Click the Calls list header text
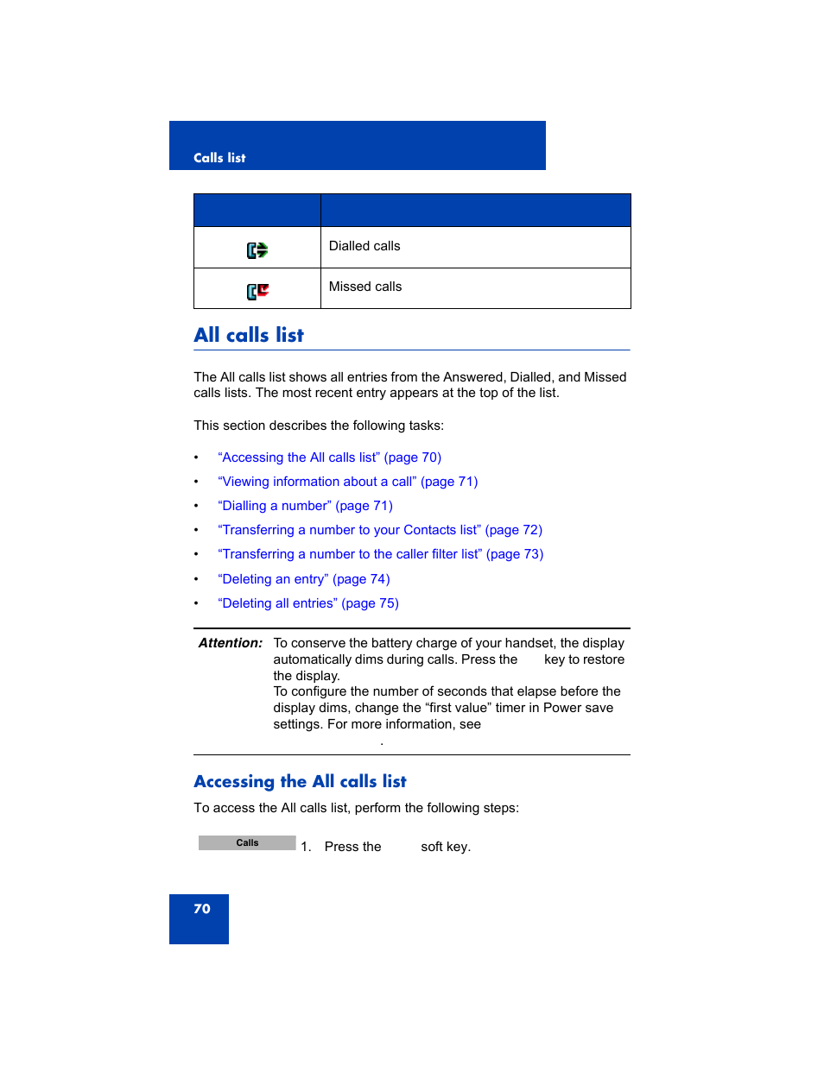click(219, 158)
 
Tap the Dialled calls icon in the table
click(257, 250)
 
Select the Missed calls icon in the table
click(257, 291)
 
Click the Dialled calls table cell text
click(364, 246)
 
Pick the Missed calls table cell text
click(365, 287)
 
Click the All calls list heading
click(249, 335)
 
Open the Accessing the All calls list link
click(329, 457)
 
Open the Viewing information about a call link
click(347, 482)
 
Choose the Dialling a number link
click(305, 506)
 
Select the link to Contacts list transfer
click(380, 530)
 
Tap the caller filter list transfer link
click(380, 554)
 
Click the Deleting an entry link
click(303, 579)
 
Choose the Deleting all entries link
click(308, 603)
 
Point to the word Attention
click(231, 643)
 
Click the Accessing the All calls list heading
click(300, 781)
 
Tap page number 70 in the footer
click(202, 909)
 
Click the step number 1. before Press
click(306, 847)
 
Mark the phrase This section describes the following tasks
click(319, 426)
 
